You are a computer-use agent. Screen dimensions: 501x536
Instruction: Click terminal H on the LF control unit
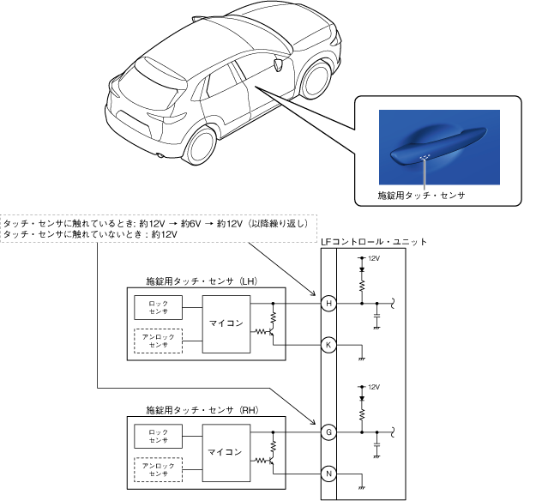(x=328, y=303)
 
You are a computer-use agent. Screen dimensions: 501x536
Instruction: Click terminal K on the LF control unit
(x=328, y=345)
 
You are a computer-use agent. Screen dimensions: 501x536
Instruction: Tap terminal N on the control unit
(x=328, y=474)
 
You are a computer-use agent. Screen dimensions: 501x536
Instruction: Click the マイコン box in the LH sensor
(x=226, y=323)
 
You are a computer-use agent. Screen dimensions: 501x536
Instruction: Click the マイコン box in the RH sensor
(x=226, y=451)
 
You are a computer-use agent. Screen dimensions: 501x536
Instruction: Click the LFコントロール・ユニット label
(x=373, y=243)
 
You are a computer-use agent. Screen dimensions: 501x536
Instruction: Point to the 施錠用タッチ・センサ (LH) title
(x=202, y=281)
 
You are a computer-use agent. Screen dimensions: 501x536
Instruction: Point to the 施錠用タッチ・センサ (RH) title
(x=202, y=409)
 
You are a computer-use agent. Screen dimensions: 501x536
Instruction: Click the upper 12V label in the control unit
(x=373, y=257)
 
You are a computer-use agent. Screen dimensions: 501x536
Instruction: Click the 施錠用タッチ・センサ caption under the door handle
(x=421, y=195)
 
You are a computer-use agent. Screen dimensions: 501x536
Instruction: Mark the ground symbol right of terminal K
(x=361, y=356)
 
